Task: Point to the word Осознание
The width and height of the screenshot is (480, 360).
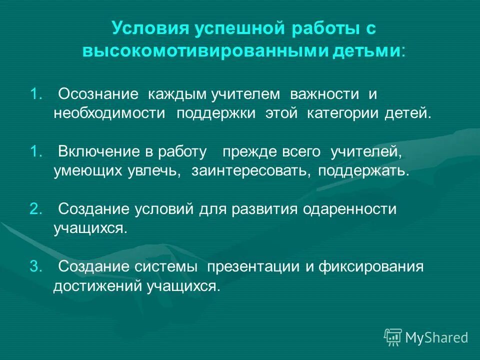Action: (x=98, y=94)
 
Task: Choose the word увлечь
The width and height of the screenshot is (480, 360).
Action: (x=156, y=170)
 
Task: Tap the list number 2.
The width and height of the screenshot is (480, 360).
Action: (x=35, y=209)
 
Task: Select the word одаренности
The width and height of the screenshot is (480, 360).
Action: (x=349, y=209)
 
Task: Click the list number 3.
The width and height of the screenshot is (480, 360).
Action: (x=35, y=266)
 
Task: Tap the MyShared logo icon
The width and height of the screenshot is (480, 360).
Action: (x=393, y=337)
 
